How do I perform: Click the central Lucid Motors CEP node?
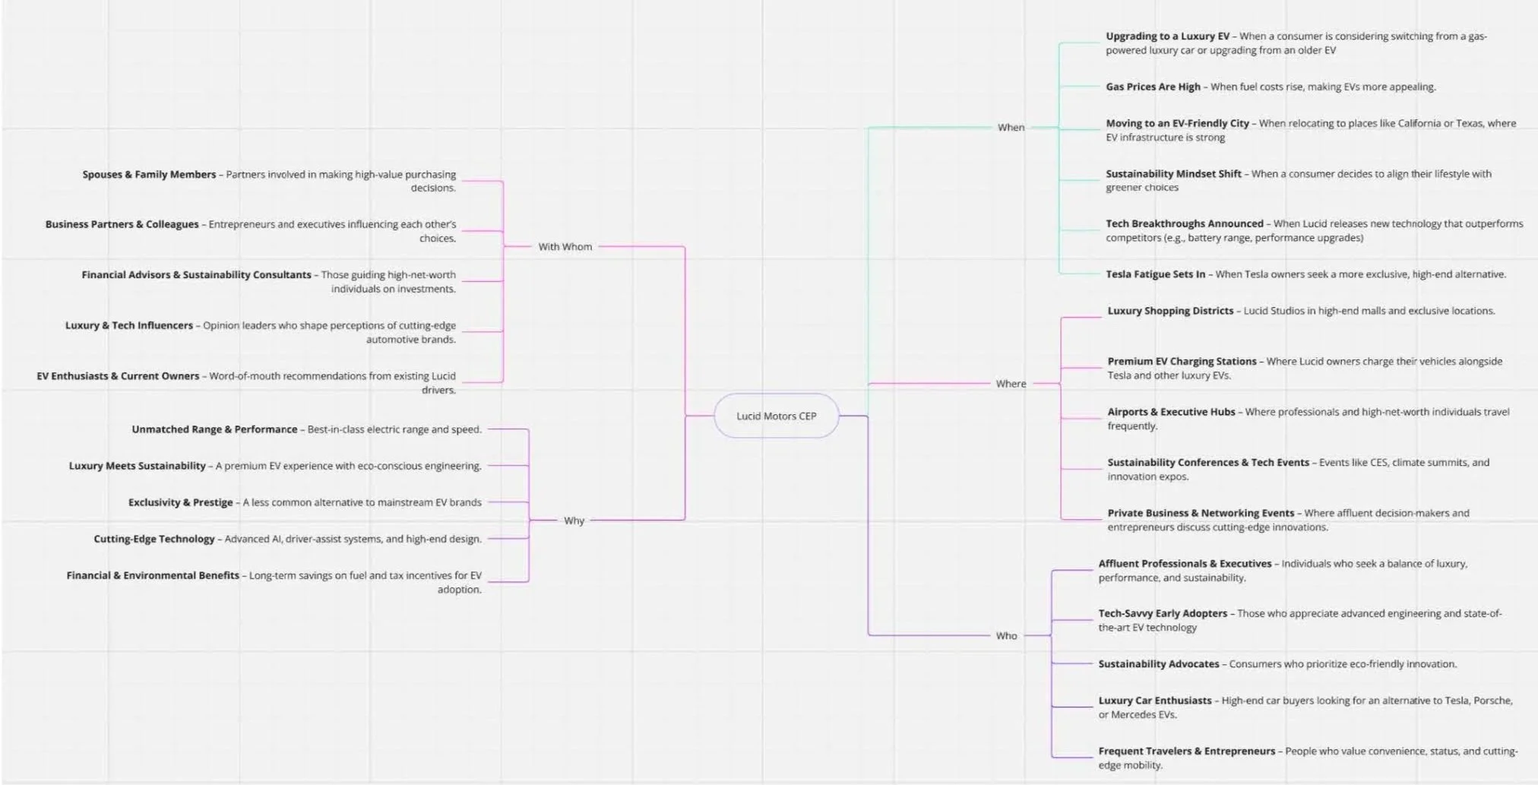[x=776, y=416]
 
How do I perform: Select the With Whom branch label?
[x=565, y=247]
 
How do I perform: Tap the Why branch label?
[x=574, y=521]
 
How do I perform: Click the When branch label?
[x=1011, y=128]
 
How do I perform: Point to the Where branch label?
[x=1011, y=384]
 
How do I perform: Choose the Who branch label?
[x=1006, y=636]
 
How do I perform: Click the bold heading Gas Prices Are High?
[x=1153, y=87]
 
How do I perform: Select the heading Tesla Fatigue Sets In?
[x=1155, y=274]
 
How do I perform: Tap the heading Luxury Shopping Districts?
[x=1170, y=311]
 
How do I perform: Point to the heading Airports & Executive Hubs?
[x=1171, y=412]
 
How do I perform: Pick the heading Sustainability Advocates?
[x=1158, y=664]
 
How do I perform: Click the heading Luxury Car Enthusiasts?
[x=1154, y=701]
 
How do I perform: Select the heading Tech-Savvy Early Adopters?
[x=1163, y=613]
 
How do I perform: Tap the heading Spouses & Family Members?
[x=149, y=175]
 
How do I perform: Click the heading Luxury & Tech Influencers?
[x=129, y=325]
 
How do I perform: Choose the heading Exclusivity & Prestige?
[x=180, y=502]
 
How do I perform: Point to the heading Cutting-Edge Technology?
[x=154, y=539]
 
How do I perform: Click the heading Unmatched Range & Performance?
[x=214, y=429]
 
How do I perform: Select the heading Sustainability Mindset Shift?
[x=1173, y=174]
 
